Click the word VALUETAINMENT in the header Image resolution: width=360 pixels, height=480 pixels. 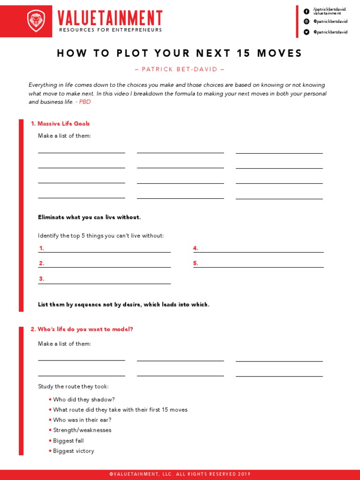click(110, 18)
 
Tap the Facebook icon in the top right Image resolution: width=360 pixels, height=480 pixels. click(307, 11)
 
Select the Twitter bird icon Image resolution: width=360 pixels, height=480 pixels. click(307, 32)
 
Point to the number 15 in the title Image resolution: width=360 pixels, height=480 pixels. click(244, 53)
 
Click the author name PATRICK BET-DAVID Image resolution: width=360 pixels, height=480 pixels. click(180, 69)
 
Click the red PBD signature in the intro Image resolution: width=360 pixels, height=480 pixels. click(85, 102)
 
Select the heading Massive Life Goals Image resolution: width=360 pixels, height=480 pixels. click(60, 124)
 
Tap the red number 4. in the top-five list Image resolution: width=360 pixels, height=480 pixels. click(196, 248)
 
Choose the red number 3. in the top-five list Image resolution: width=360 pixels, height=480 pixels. click(42, 278)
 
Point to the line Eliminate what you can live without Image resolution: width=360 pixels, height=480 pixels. click(89, 217)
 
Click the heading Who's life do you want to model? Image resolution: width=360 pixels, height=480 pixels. click(82, 329)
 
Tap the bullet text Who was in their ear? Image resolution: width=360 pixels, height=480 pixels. click(82, 420)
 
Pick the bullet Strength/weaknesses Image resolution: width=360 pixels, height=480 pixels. click(82, 430)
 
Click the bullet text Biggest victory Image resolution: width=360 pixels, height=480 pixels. click(74, 451)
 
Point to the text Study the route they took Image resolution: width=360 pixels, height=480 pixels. click(73, 387)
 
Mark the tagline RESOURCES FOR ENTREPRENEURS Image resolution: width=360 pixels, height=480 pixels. click(110, 30)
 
